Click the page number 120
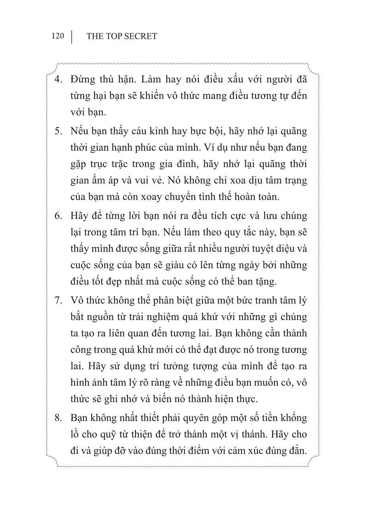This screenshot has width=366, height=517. [58, 36]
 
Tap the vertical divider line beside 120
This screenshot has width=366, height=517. [72, 37]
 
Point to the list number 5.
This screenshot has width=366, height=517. [58, 131]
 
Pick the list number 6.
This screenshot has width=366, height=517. [58, 215]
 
